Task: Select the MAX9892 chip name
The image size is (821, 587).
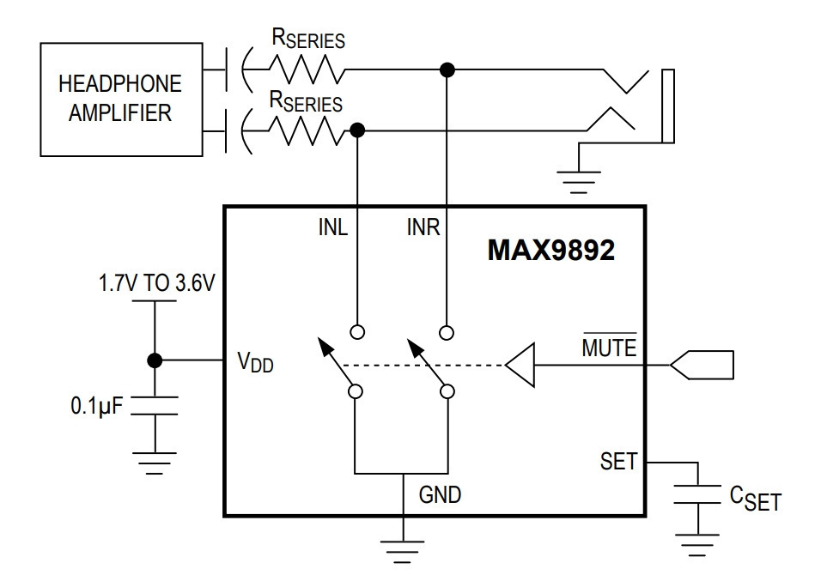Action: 550,250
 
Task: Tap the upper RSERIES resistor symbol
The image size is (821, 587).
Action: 307,70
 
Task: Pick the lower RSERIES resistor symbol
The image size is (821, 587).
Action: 307,130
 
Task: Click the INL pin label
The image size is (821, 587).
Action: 332,227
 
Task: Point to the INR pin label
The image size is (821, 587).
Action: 423,227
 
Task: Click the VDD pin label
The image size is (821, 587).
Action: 256,361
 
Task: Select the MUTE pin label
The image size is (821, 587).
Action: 610,347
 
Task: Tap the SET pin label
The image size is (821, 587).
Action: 618,461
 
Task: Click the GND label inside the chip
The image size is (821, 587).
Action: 440,494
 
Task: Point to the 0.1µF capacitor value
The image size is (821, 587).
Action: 97,406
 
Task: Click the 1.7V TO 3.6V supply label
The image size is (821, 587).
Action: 156,283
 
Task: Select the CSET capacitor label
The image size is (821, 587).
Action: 755,498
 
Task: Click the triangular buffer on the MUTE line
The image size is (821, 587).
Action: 520,365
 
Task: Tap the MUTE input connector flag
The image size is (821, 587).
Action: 702,365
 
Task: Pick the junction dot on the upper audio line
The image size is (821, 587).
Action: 447,70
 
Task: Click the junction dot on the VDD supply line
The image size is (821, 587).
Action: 155,360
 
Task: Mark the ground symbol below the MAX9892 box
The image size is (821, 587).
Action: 403,552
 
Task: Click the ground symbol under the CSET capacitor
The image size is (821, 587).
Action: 697,545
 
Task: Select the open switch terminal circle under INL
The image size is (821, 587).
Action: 357,332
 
